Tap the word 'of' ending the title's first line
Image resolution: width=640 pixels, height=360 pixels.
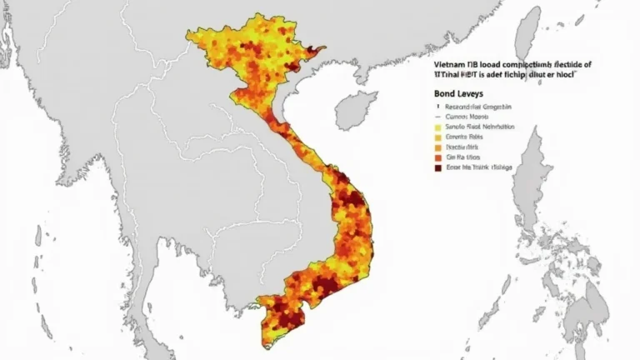click(x=587, y=63)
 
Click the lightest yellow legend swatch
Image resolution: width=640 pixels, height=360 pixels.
click(x=437, y=127)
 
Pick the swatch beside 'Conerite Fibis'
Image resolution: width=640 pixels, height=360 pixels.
click(x=437, y=137)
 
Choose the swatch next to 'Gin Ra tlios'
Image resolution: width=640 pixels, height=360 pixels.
click(x=437, y=157)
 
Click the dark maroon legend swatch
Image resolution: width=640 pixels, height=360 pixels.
click(x=437, y=167)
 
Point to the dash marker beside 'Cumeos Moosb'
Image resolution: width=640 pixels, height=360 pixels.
click(x=437, y=117)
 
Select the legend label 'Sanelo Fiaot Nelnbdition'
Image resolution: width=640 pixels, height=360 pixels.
click(x=481, y=127)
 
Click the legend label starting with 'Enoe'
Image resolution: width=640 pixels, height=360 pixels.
click(x=479, y=167)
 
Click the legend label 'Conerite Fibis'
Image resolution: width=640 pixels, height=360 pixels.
click(x=465, y=137)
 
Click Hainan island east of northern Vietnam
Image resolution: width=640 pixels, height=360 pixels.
click(x=355, y=110)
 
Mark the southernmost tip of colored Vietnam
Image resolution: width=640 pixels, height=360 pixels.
click(x=266, y=342)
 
